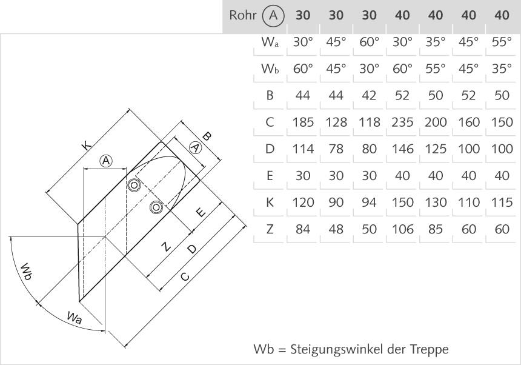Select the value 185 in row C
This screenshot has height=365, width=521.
click(x=303, y=121)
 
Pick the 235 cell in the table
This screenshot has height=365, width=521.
click(x=402, y=121)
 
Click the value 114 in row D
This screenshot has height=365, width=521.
click(x=303, y=149)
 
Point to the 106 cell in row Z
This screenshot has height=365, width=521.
click(x=402, y=229)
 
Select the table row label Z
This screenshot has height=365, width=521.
click(x=270, y=229)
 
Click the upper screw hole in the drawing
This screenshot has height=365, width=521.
click(x=133, y=185)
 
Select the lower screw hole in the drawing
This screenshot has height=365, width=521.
click(x=157, y=207)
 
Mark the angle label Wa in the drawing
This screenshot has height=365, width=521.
click(x=75, y=316)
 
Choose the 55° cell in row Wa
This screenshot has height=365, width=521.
click(x=501, y=42)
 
